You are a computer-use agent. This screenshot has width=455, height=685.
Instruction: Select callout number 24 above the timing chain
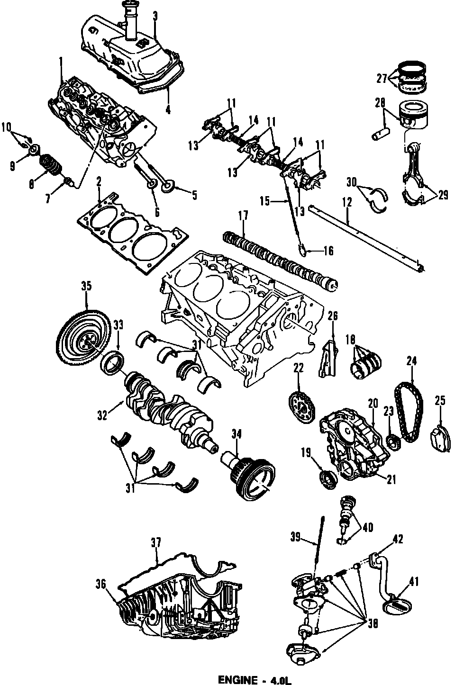(411, 361)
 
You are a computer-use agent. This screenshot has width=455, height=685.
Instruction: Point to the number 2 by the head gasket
(99, 181)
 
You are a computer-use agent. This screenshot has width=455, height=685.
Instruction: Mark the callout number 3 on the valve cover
(155, 16)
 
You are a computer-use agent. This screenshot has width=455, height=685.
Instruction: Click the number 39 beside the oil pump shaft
(295, 536)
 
